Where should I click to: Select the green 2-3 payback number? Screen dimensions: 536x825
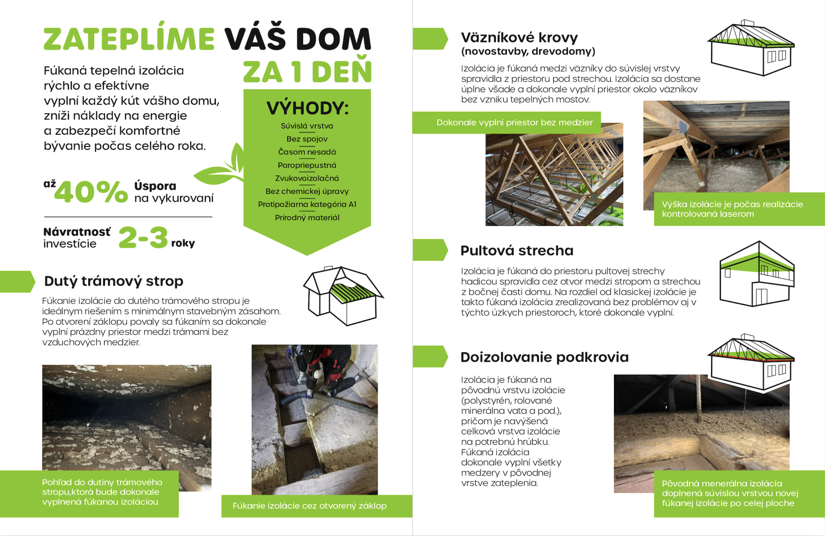coord(143,238)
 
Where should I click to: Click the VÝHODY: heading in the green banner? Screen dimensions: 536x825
coord(307,108)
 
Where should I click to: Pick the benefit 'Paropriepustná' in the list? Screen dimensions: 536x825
coord(307,165)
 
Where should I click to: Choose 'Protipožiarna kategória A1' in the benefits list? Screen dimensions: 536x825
coord(307,204)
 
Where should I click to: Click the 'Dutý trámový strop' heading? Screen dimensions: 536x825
coord(114,281)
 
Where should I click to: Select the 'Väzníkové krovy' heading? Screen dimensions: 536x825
coord(519,37)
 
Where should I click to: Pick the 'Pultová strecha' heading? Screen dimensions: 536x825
coord(517,250)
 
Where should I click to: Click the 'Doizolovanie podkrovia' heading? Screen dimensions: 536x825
coord(544,357)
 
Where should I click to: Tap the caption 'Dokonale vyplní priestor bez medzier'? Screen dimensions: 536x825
coord(514,123)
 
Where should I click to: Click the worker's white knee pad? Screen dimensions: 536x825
coord(317,375)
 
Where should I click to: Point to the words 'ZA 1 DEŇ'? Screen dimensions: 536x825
coord(307,72)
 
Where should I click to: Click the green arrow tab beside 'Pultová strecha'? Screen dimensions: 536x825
coord(430,249)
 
